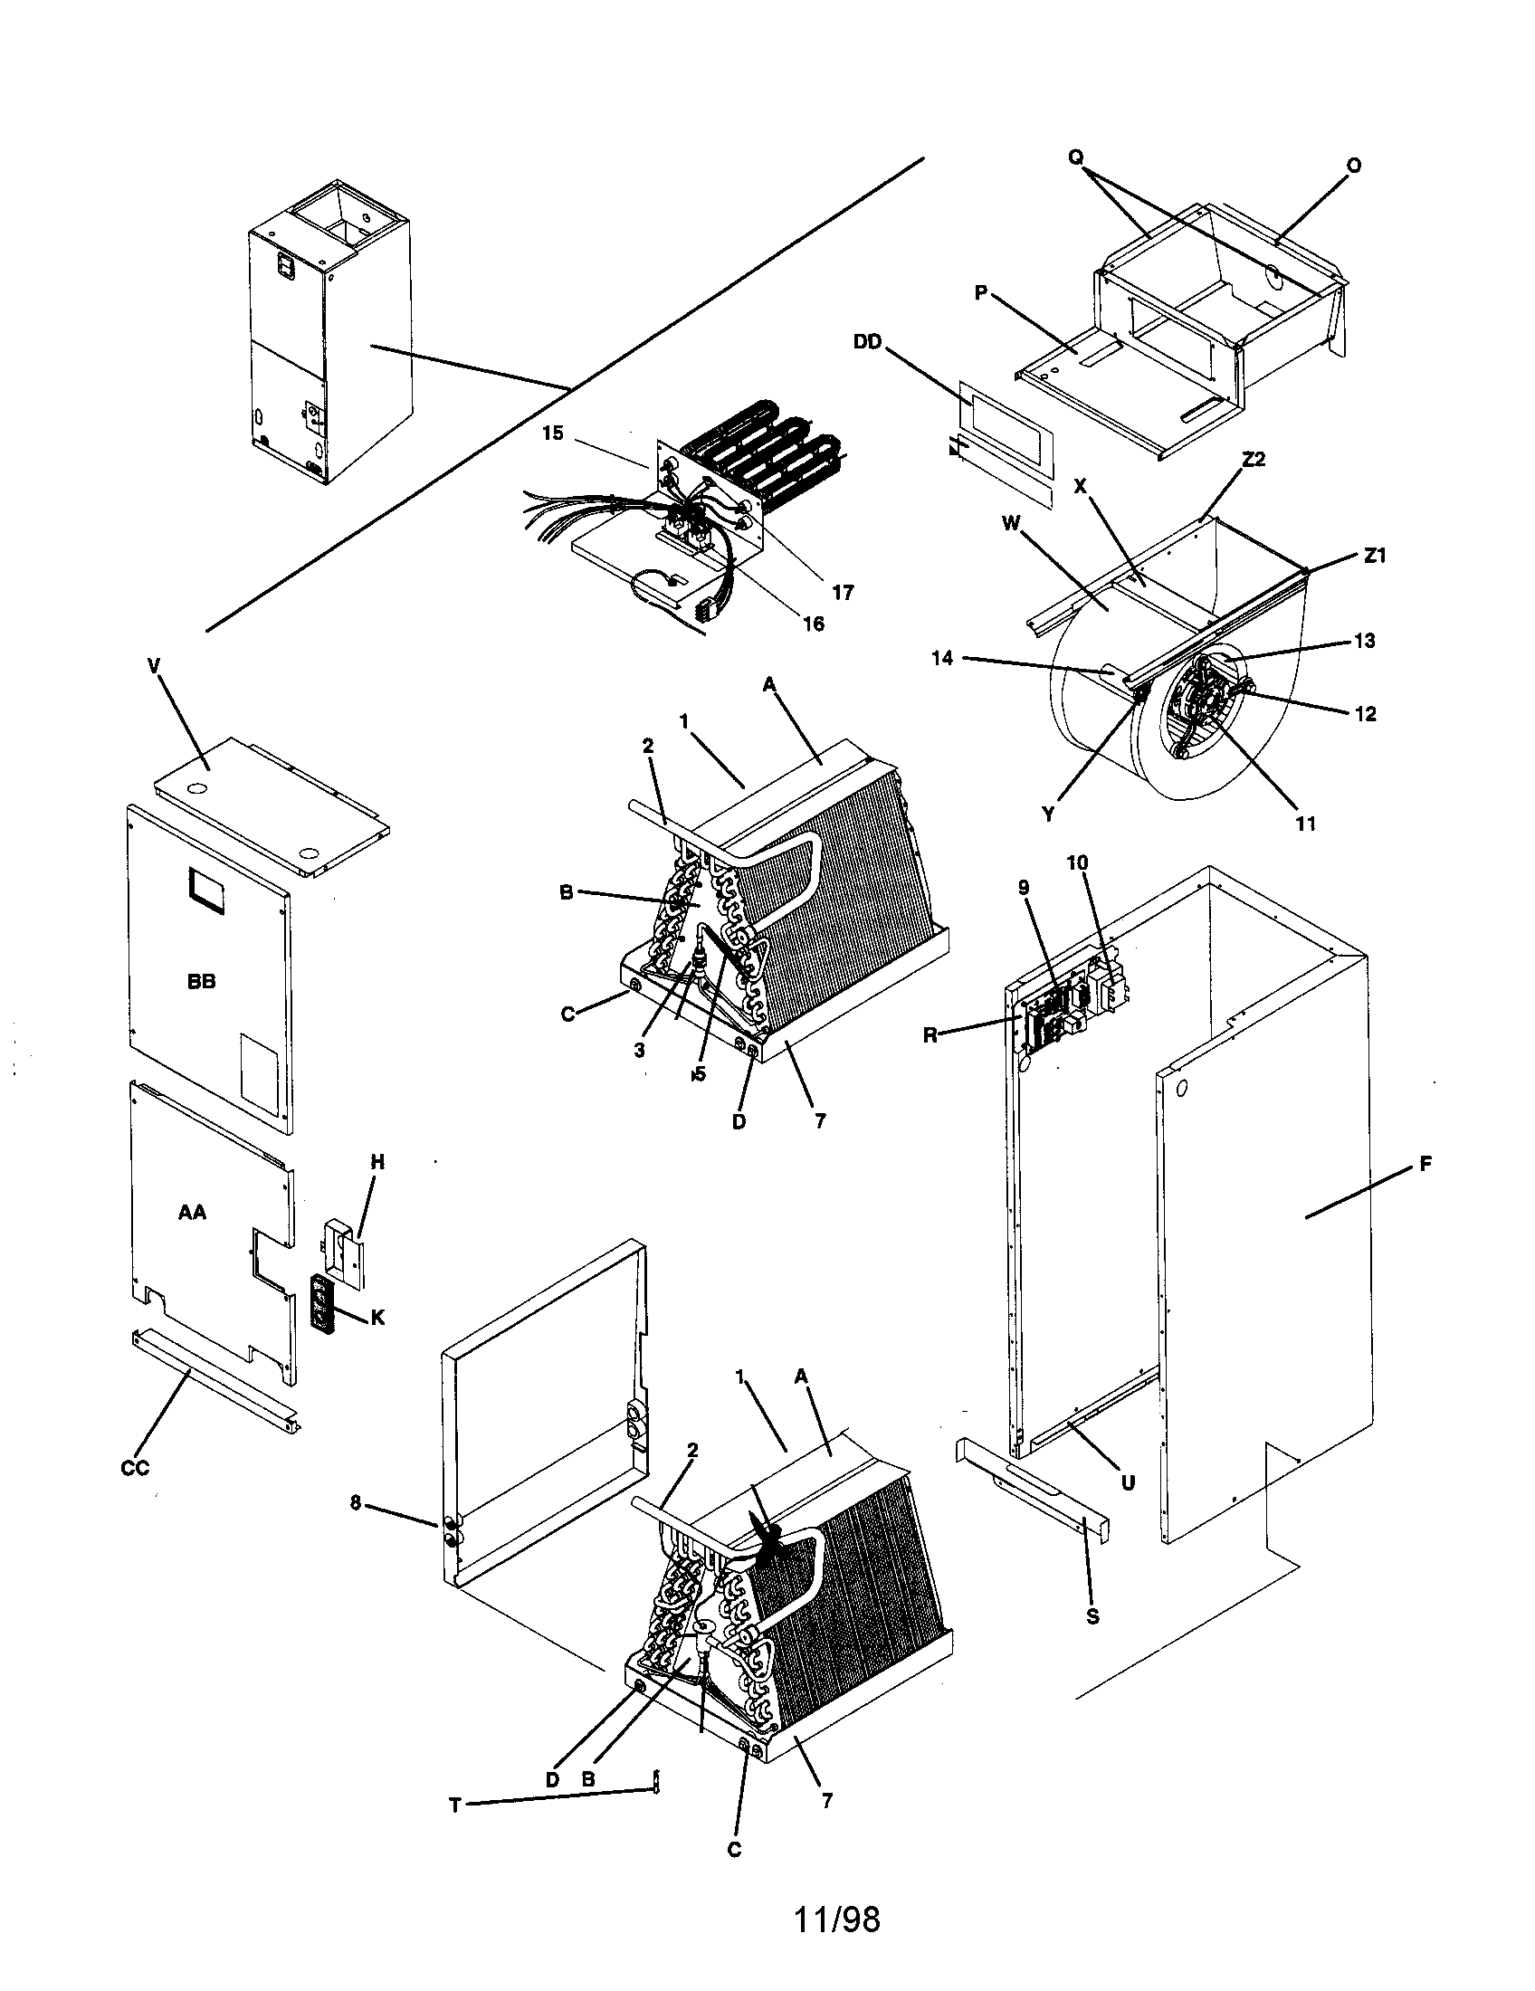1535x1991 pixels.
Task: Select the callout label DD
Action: tap(867, 341)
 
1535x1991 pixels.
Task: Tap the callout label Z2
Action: tap(1254, 460)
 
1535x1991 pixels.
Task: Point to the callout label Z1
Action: tap(1375, 555)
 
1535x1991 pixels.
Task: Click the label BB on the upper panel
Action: tap(202, 982)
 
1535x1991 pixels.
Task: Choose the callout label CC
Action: tap(135, 1468)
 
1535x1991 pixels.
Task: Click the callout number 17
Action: tap(844, 593)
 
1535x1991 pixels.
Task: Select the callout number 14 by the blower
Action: tap(942, 657)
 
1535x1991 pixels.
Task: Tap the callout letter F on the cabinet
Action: tap(1425, 1163)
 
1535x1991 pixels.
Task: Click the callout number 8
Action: tap(357, 1503)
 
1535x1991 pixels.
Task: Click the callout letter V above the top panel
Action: tap(153, 666)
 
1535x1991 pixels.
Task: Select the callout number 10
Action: tap(1077, 862)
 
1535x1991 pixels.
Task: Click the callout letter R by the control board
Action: tap(930, 1035)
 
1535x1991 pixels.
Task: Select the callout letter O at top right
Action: tap(1354, 166)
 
